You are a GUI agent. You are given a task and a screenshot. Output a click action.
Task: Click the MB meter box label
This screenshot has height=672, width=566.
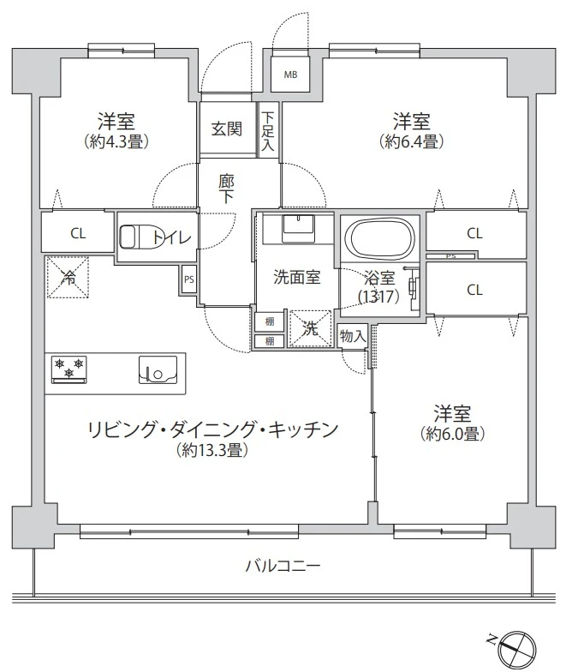point(291,75)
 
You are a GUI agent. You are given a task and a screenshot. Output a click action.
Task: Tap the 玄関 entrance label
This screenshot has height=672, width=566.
point(227,129)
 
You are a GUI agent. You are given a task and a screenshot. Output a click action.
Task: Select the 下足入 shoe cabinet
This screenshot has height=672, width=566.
point(268,131)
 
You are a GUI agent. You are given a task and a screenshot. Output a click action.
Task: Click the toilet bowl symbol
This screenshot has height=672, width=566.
point(134,236)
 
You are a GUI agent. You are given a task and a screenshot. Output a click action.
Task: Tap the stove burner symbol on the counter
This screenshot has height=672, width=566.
point(69,369)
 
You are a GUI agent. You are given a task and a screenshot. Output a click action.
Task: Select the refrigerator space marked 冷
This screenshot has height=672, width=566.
point(66,278)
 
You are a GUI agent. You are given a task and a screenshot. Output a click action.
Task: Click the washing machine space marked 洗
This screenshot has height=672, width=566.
point(310,328)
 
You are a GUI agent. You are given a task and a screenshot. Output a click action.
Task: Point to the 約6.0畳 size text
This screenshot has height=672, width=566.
point(454,434)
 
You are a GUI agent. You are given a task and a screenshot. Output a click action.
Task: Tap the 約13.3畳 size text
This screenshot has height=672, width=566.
point(212,449)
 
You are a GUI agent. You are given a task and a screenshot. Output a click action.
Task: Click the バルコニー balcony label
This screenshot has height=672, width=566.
point(283,566)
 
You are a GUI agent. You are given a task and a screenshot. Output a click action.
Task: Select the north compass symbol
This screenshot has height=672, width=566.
point(516,644)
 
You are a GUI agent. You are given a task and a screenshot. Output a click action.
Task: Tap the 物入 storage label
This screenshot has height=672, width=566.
point(352,336)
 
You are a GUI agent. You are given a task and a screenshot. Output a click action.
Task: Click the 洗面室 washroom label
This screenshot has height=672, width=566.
point(297,277)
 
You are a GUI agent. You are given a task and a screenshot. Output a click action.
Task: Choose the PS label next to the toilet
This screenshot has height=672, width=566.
point(188,279)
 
